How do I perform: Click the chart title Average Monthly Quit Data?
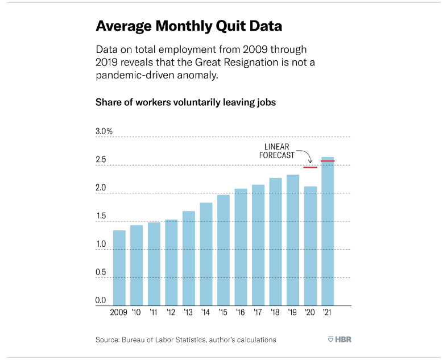pyautogui.click(x=189, y=26)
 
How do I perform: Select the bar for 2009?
pyautogui.click(x=119, y=267)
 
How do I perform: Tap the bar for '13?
pyautogui.click(x=188, y=259)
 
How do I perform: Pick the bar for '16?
pyautogui.click(x=241, y=247)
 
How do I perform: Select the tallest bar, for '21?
pyautogui.click(x=328, y=233)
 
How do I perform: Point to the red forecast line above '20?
pyautogui.click(x=310, y=167)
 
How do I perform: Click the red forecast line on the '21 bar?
pyautogui.click(x=328, y=162)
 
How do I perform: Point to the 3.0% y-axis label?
pyautogui.click(x=104, y=131)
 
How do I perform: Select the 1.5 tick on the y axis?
pyautogui.click(x=101, y=216)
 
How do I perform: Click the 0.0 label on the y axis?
pyautogui.click(x=101, y=300)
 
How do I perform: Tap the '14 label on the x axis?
pyautogui.click(x=206, y=312)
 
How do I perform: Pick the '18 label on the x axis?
pyautogui.click(x=275, y=312)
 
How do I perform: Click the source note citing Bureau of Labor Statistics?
pyautogui.click(x=185, y=340)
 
